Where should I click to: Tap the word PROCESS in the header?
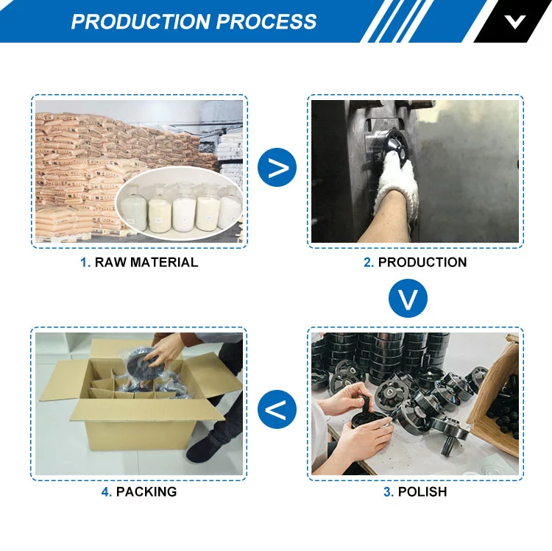coord(266,21)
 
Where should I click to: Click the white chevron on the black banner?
coord(514,22)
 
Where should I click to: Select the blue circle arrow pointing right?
coord(277,168)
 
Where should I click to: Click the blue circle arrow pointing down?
coord(408,299)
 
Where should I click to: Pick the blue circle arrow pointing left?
coord(277,409)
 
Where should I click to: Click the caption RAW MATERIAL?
coord(146,263)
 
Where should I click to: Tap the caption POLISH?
coord(422,492)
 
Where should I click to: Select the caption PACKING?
coord(146,492)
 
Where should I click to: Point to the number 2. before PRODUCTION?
coord(369,263)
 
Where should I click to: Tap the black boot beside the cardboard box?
coord(203,449)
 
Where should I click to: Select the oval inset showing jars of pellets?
coord(180,203)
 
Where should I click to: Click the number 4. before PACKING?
coord(106,492)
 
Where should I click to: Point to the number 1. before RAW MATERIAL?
coord(85,263)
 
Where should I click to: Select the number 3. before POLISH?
coord(389,492)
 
